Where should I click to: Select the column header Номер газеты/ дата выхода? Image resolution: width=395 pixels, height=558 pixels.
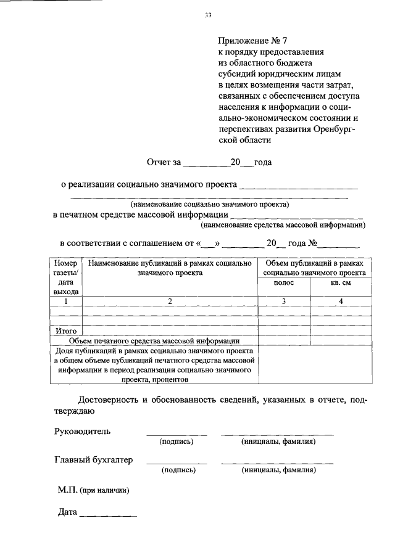point(66,277)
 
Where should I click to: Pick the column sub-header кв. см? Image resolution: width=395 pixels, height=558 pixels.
point(340,282)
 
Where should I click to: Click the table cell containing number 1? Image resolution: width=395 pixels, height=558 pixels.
point(66,302)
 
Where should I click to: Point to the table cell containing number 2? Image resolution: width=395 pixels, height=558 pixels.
point(170,302)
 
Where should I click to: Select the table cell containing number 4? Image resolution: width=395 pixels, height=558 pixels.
point(340,302)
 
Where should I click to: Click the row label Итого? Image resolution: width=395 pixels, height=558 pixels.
point(66,330)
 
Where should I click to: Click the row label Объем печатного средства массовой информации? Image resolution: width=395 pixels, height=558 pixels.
point(154,340)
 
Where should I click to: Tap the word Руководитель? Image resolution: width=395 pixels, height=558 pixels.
point(83,431)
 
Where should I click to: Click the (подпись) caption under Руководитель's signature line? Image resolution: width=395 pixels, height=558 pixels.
point(177,441)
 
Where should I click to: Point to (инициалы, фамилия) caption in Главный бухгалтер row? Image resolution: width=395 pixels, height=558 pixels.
point(278,470)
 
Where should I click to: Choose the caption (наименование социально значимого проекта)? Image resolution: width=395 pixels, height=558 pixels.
point(209,203)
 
